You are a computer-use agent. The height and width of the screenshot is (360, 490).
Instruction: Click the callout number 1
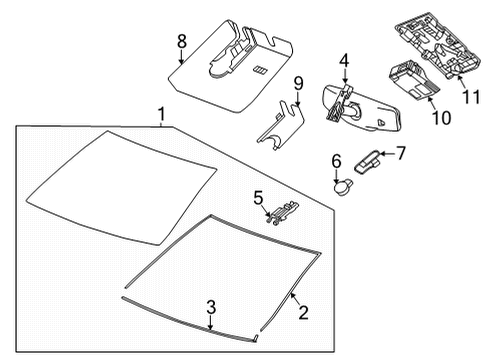[x=160, y=117]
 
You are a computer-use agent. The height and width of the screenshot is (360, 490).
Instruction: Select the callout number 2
[x=303, y=314]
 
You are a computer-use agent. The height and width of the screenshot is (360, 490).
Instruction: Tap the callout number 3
[x=210, y=306]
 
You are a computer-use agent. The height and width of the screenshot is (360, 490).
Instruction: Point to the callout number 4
[x=343, y=62]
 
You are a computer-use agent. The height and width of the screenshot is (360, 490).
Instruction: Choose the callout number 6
[x=336, y=159]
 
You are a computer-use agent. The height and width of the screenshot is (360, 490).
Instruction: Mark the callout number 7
[x=402, y=153]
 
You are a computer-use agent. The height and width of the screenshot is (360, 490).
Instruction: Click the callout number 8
[x=181, y=41]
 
